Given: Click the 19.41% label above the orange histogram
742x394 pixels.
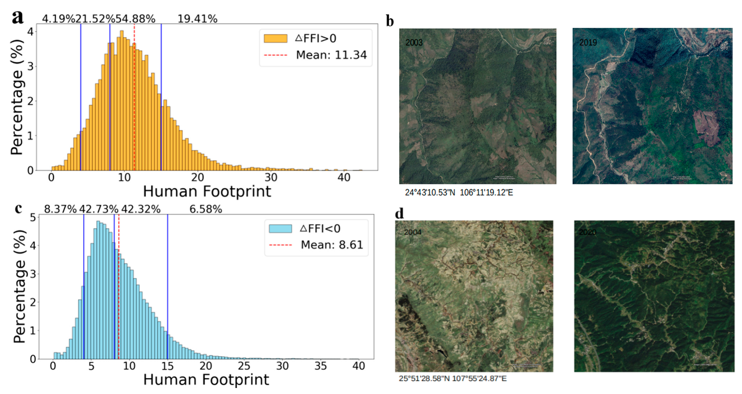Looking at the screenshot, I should coord(197,19).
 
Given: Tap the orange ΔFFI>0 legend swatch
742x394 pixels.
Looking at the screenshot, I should coord(275,38).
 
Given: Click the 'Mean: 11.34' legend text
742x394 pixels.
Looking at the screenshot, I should coord(331,55).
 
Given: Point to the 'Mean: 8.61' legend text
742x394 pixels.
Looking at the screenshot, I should coord(332,245).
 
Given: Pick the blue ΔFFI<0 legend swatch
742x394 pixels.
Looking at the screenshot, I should coord(280,228).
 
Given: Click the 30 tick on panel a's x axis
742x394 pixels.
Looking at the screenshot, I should coord(271,177).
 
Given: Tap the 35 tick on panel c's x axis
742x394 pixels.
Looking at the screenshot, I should coord(321,366).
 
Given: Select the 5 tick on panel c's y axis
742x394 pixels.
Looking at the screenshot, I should coord(33,217).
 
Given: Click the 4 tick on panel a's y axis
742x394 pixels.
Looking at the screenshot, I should coord(31,32).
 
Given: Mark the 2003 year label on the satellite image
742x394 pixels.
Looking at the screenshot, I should coord(414,43).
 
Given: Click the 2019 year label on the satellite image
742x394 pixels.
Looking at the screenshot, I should coord(588,43).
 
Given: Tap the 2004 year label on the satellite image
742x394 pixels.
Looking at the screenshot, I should coord(413,232).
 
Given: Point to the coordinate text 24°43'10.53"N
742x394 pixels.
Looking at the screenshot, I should coord(430,193).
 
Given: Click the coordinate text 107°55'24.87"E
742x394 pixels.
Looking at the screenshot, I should coord(481,378).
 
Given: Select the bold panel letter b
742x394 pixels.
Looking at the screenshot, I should coord(390,22).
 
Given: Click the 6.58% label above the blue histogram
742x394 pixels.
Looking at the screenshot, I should coord(205,209).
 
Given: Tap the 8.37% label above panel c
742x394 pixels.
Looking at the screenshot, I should coord(60,209).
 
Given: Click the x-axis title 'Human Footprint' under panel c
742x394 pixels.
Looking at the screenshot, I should coord(206,379).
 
